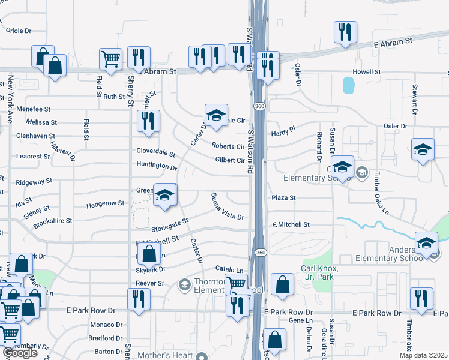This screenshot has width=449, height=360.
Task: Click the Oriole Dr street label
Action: tap(18, 30)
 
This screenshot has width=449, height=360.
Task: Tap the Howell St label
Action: tap(367, 71)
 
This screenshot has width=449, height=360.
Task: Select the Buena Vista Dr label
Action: tap(227, 206)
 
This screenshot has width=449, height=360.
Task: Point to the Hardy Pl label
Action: tap(284, 130)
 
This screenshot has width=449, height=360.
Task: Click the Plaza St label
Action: tap(284, 197)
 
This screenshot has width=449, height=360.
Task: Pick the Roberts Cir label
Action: tap(228, 146)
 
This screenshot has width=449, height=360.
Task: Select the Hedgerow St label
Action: tap(105, 203)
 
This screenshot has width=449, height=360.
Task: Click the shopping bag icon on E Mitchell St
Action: tap(150, 254)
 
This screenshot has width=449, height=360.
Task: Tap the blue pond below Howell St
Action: tap(349, 85)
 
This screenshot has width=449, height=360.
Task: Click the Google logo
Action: tap(20, 353)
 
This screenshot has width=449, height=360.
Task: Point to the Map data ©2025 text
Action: tap(424, 355)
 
